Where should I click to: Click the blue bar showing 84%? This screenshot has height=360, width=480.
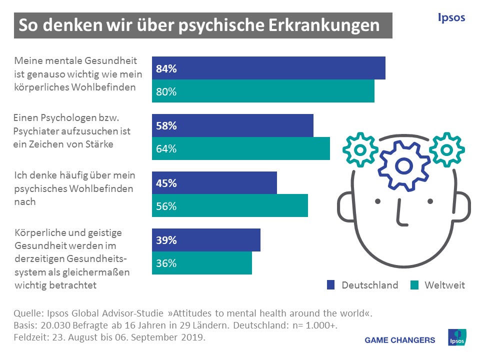point(268,68)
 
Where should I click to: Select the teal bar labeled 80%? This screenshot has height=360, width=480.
point(263,91)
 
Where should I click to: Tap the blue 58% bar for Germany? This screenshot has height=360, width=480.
point(232,125)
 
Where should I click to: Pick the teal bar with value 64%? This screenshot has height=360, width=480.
point(241,148)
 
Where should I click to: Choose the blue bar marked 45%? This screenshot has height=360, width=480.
point(214,182)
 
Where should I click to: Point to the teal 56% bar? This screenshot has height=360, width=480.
point(230,205)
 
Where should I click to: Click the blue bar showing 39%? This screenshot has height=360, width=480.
point(206,240)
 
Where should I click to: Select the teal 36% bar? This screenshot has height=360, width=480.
point(202,263)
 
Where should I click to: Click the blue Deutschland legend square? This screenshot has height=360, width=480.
point(330,285)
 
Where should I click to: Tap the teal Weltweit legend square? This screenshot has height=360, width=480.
point(414,285)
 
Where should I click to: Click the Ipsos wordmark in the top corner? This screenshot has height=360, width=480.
point(451,18)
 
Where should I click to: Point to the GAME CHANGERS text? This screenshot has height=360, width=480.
point(400,340)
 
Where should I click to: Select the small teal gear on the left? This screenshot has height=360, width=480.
point(358,149)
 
